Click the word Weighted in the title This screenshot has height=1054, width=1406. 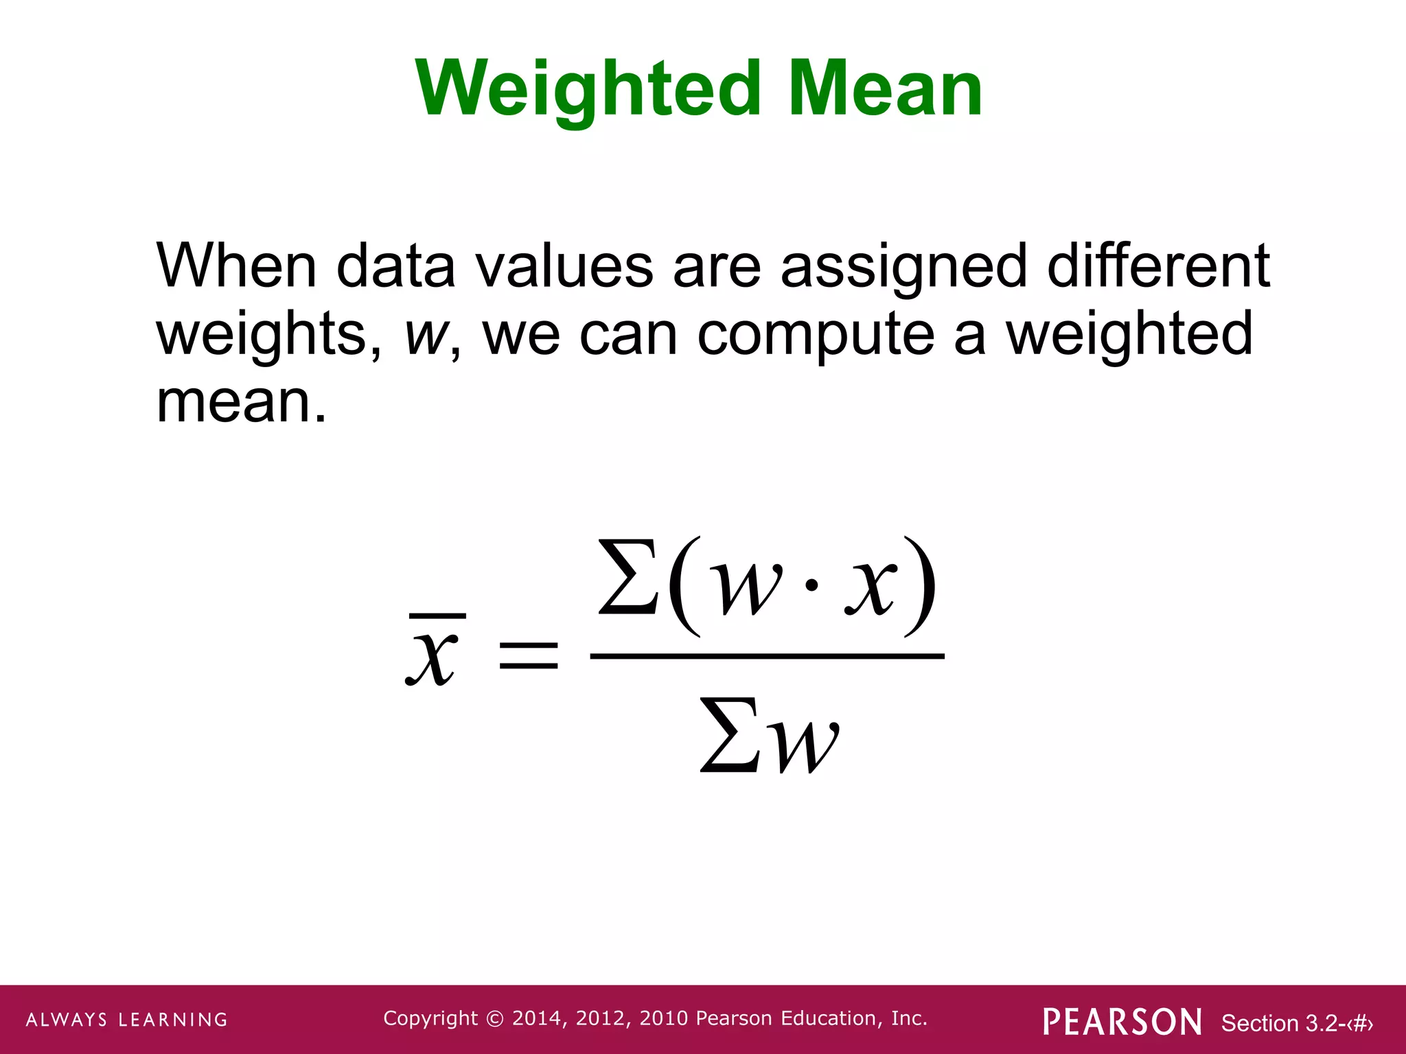588,89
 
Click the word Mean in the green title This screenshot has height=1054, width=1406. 885,89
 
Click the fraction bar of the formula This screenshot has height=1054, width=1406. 767,657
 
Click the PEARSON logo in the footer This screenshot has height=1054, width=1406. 1122,1021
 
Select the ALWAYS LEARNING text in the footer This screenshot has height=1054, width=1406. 127,1020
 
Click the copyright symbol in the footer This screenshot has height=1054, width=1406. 494,1018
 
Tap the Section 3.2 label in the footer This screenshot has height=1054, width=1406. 1296,1023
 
